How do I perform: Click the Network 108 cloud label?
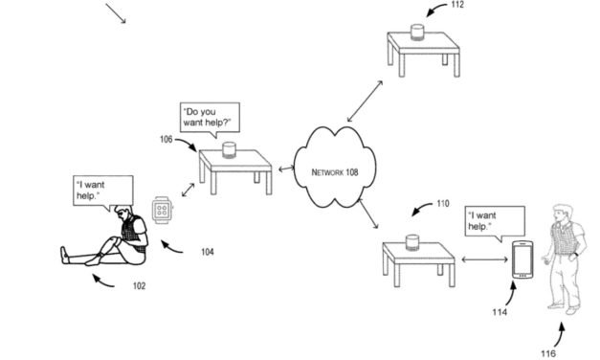335,172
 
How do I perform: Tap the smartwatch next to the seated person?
162,207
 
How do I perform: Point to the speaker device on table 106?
229,149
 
